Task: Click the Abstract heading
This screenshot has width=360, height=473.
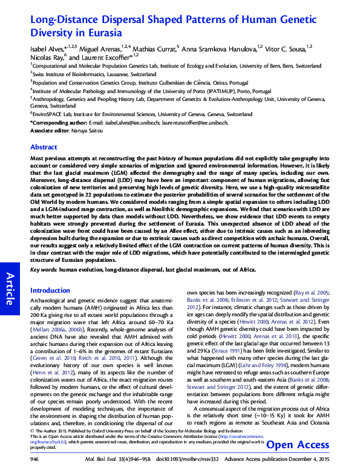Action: (44, 147)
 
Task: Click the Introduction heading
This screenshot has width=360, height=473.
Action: (50, 290)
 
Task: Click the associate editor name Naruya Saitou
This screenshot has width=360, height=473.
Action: (84, 130)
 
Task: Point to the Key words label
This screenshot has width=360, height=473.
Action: (43, 269)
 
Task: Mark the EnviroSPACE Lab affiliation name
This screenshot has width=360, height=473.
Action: (51, 114)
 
